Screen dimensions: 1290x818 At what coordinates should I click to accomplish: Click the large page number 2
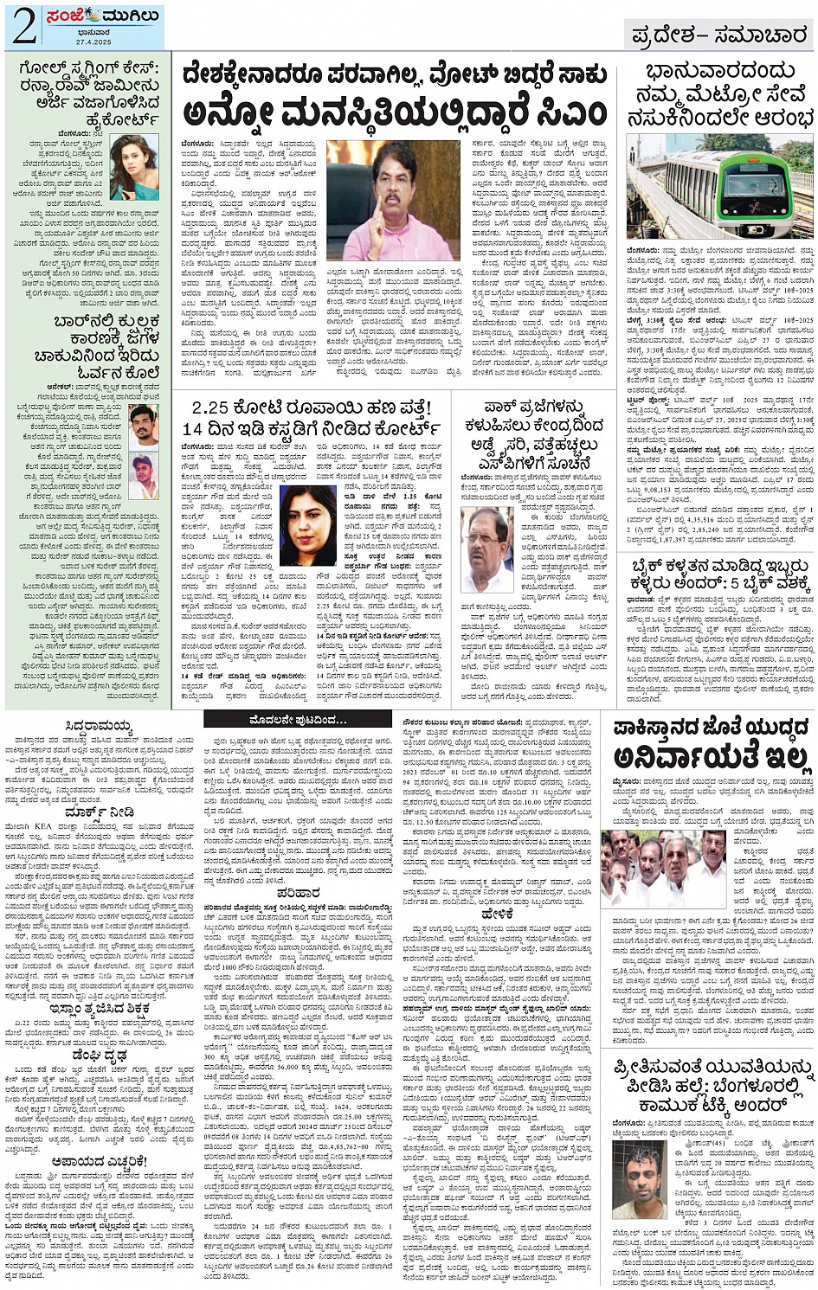tap(24, 27)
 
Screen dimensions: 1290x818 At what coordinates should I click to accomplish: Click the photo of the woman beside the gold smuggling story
tap(134, 166)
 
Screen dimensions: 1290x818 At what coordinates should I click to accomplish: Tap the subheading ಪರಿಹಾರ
tap(298, 892)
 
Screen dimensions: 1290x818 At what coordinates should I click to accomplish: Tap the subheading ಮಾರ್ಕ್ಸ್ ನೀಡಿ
tap(99, 813)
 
